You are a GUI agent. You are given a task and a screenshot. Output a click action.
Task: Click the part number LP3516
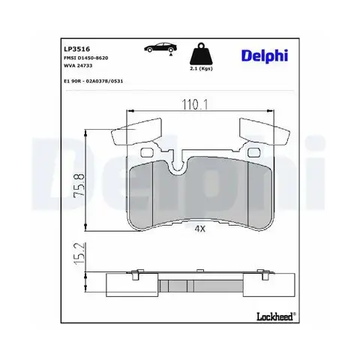77,49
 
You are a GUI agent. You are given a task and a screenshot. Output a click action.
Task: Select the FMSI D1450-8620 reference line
86,58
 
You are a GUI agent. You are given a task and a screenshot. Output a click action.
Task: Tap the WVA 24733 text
78,65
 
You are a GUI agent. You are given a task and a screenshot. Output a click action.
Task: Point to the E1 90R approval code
94,81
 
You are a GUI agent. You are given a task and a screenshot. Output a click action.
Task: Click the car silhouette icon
160,47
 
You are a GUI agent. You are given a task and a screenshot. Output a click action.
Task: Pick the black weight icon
201,54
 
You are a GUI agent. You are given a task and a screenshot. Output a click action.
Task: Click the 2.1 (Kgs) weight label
201,68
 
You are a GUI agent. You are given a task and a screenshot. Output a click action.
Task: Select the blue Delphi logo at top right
265,55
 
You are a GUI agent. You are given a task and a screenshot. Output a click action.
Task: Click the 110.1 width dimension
195,104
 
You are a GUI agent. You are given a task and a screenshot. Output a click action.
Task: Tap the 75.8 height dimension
79,185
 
